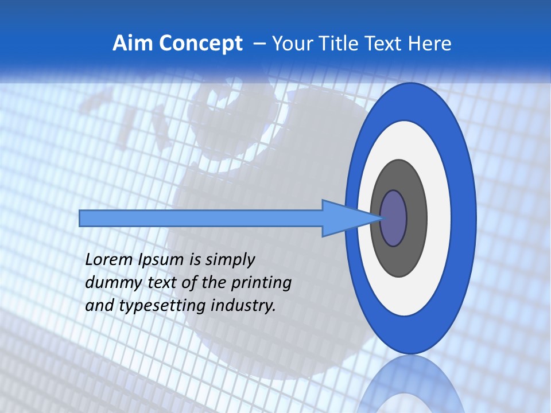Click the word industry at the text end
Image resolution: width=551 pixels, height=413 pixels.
point(243,306)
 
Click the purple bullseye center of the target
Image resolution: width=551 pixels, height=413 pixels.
point(394,219)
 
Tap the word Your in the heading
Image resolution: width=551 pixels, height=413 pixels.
point(290,44)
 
